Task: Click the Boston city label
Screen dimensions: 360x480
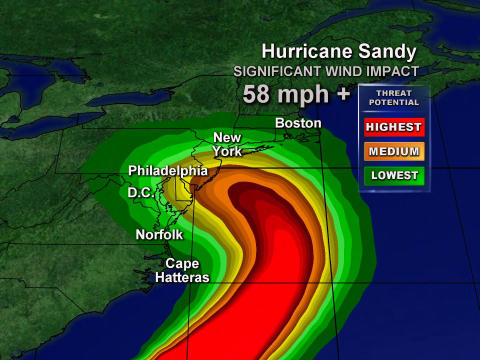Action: tap(298, 123)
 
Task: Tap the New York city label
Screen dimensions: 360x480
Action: tap(227, 144)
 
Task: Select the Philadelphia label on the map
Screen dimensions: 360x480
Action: tap(167, 171)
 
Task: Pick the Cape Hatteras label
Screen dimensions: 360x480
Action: tap(181, 270)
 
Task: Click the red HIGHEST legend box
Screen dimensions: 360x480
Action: tap(394, 127)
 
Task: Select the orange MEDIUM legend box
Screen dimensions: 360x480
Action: tap(394, 151)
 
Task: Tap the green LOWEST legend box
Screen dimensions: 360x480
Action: tap(394, 175)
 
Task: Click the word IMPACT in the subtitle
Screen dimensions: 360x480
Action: tap(385, 72)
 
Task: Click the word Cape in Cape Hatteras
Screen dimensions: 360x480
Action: tap(181, 263)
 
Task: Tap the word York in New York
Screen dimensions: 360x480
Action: tap(227, 151)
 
